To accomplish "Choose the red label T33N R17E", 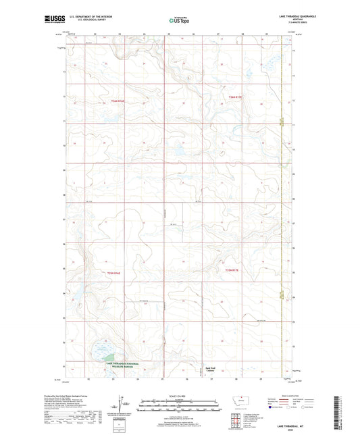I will coord(233,271).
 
